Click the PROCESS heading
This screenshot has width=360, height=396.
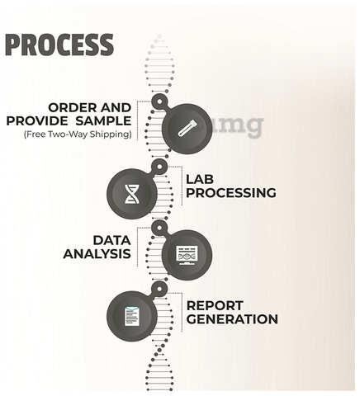click(x=59, y=45)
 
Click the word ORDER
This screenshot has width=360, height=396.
click(x=72, y=107)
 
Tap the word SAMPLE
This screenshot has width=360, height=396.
click(x=103, y=121)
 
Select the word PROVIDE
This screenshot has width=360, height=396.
click(x=37, y=121)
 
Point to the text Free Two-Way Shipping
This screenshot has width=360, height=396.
click(x=78, y=134)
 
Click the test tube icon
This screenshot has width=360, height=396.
click(x=187, y=128)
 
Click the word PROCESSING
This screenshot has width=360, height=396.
click(x=231, y=193)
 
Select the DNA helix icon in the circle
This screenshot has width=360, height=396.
click(x=132, y=194)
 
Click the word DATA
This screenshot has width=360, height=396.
click(x=111, y=240)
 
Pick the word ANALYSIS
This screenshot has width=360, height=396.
click(x=97, y=253)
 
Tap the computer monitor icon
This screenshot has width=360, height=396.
click(x=187, y=256)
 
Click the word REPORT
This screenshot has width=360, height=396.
click(x=215, y=305)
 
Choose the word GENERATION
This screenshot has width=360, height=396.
click(x=232, y=319)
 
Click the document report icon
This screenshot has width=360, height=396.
click(x=132, y=316)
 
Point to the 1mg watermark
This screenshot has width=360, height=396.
click(x=229, y=126)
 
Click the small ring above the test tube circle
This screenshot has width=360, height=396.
click(x=159, y=101)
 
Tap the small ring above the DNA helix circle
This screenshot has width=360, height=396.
click(x=159, y=167)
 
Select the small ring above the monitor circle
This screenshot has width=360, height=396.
click(x=159, y=228)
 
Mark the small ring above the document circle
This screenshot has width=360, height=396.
click(x=159, y=289)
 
